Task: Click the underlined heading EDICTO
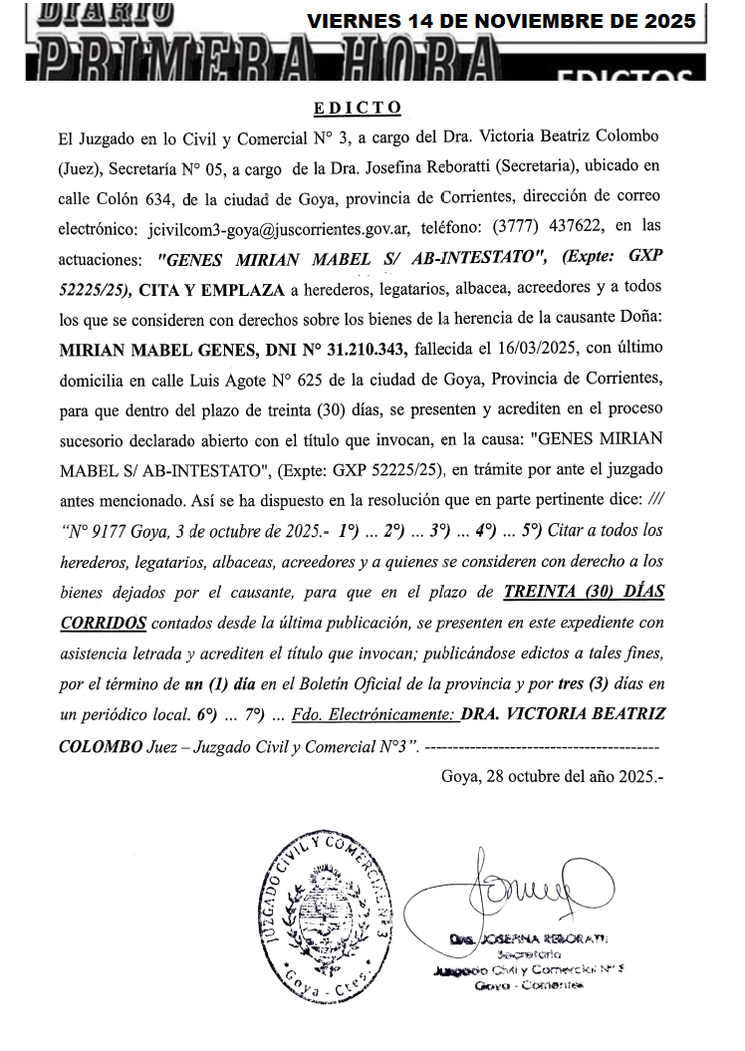click(358, 107)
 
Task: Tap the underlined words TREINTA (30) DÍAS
click(585, 591)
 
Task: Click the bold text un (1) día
click(220, 684)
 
